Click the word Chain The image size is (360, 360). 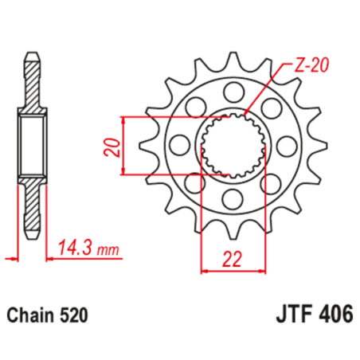pos(33,315)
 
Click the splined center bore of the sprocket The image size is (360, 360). pos(230,144)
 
